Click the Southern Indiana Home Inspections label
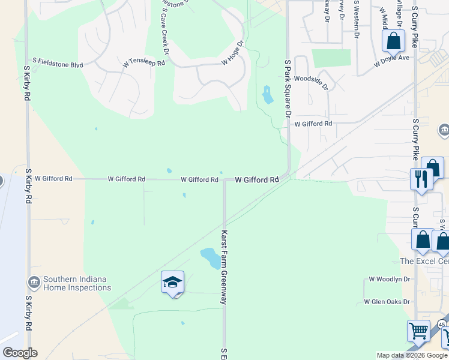tap(77, 283)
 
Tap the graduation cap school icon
tap(172, 283)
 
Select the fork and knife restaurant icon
tap(421, 178)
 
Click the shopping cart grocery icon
tap(418, 331)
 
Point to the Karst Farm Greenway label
tap(224, 267)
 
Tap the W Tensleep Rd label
tap(143, 62)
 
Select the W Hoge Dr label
tap(234, 53)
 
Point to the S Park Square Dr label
tap(288, 88)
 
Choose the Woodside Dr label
tap(312, 82)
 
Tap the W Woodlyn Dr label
tap(389, 279)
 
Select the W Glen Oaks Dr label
tap(387, 302)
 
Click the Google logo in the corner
tap(20, 353)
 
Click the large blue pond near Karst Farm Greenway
tap(210, 257)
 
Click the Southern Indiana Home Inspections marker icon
tap(34, 281)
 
